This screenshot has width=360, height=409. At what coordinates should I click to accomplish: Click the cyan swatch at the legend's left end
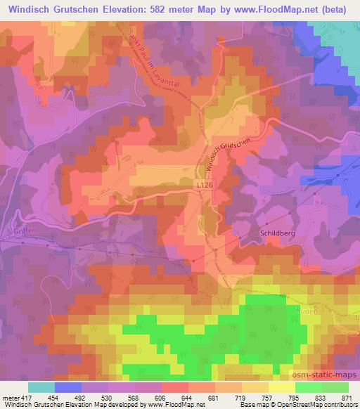41,387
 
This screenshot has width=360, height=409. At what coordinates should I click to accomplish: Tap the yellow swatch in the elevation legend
282,387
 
